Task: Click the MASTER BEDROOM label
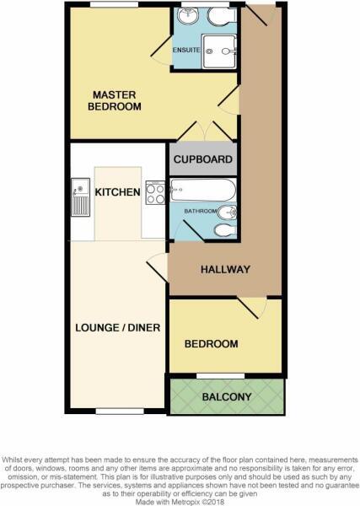(116, 100)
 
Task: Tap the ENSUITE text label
(185, 49)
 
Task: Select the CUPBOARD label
(203, 159)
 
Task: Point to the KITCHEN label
(117, 192)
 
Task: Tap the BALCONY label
(226, 396)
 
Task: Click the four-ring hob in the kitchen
(155, 193)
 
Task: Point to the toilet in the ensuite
(221, 16)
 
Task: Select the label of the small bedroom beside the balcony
(211, 344)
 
